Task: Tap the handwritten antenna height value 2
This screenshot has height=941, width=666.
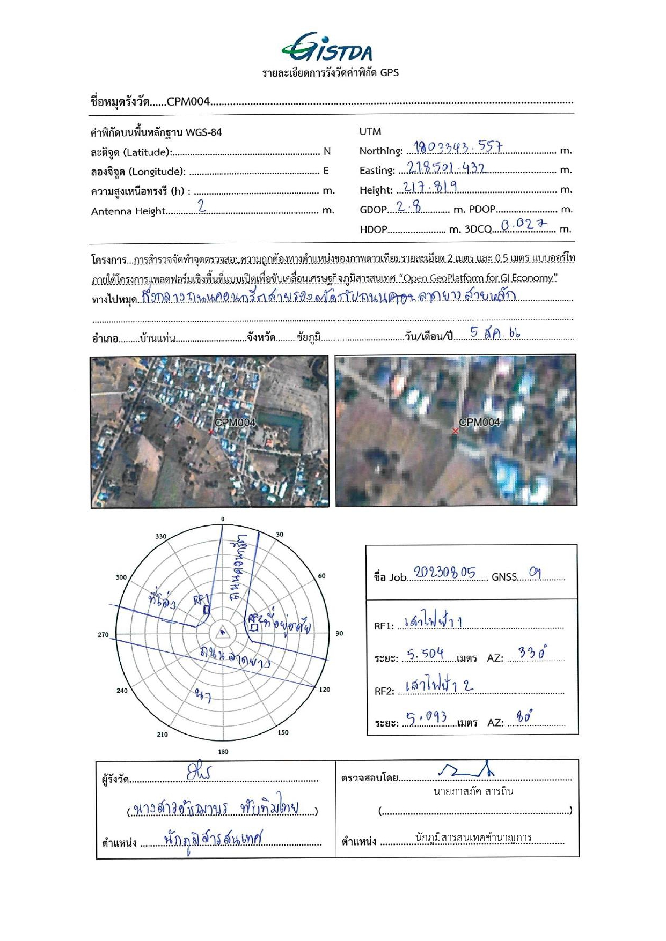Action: pos(201,206)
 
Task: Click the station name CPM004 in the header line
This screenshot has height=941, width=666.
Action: pos(188,101)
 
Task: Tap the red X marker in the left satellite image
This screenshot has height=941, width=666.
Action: pos(211,432)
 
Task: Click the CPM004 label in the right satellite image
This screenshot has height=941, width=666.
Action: pos(479,422)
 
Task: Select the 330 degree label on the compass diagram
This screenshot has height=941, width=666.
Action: pos(161,536)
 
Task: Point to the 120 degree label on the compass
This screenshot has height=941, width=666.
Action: pos(325,689)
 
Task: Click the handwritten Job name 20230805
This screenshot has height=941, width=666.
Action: pos(444,573)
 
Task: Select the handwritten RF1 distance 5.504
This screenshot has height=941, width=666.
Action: pos(425,654)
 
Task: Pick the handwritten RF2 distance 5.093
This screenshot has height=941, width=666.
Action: pos(427,718)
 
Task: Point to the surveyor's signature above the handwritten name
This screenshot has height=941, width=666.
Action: pos(199,773)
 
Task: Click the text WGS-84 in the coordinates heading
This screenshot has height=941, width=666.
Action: pos(203,132)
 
